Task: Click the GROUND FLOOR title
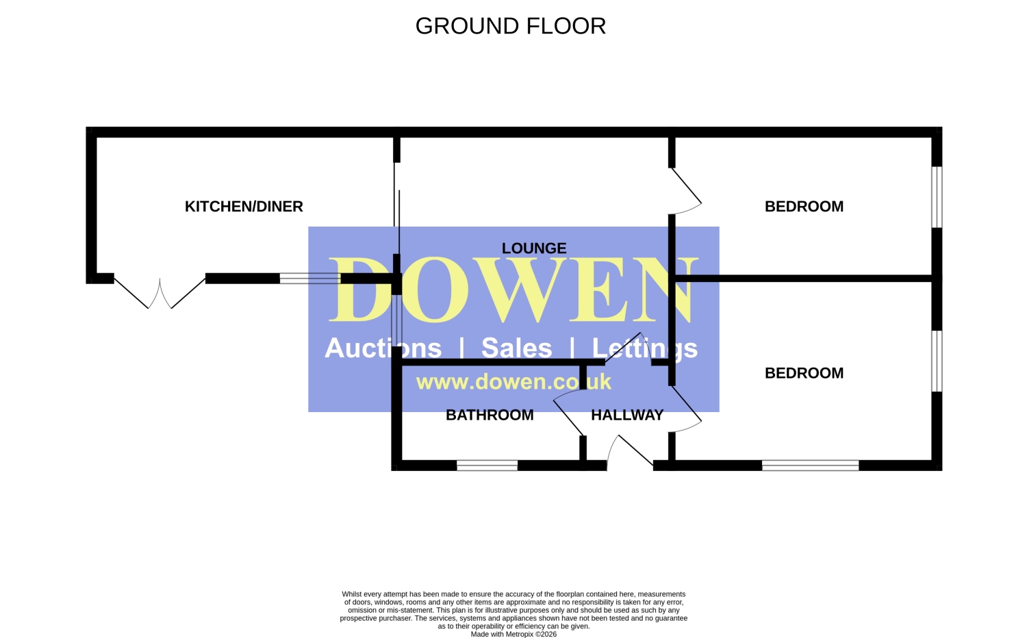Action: point(510,26)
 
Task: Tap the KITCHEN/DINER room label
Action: point(244,207)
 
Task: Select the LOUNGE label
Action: point(534,248)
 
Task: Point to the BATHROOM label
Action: point(490,416)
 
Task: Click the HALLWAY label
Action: point(627,416)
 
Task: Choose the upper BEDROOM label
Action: point(804,207)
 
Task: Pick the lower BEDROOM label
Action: point(804,373)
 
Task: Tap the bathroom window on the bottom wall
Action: point(487,465)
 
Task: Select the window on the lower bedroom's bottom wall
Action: point(810,465)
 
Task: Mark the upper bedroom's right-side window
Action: point(937,197)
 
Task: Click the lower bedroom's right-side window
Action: point(937,361)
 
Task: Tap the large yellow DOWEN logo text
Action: point(513,290)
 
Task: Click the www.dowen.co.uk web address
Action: point(513,382)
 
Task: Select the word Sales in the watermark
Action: point(517,348)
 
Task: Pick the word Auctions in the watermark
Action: point(383,348)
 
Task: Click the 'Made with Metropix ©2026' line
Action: point(513,635)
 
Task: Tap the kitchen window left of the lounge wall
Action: point(310,279)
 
